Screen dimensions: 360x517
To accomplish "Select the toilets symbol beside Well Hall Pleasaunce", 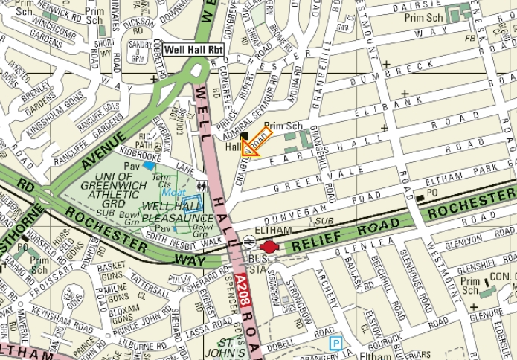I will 201,187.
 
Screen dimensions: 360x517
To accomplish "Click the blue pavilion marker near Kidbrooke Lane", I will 150,166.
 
